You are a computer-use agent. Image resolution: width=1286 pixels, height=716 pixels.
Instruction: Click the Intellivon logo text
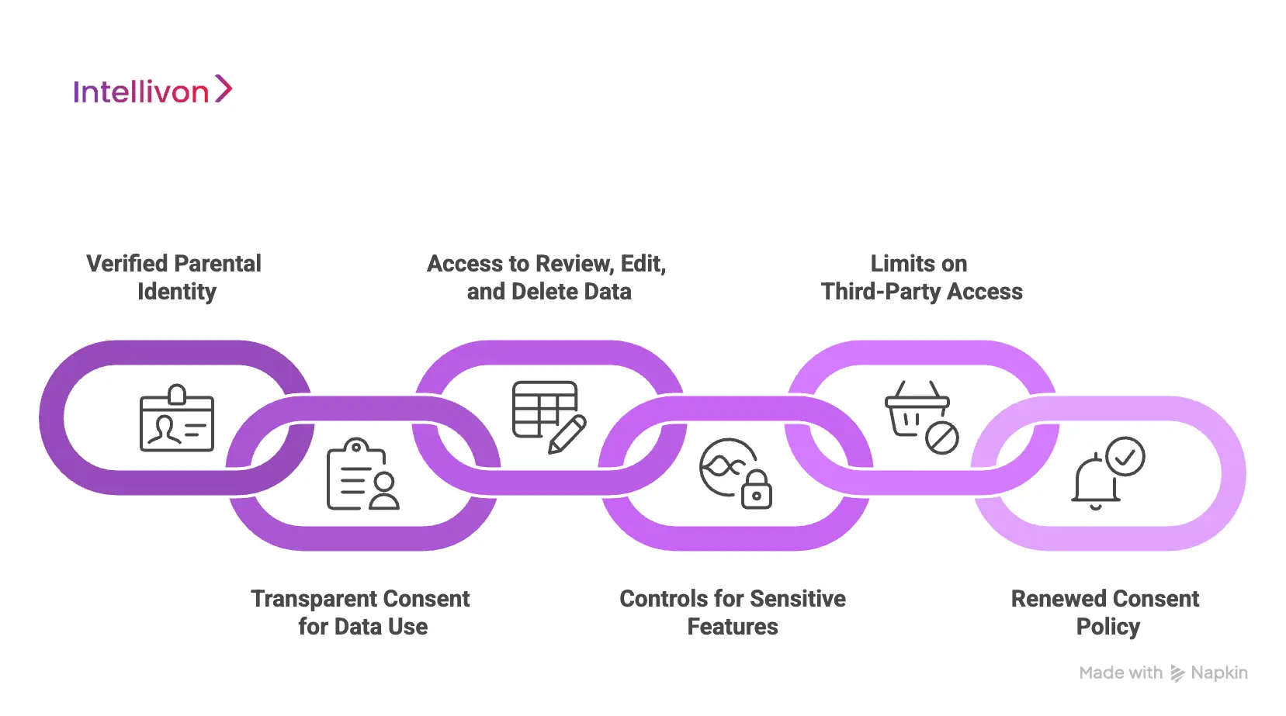coord(140,92)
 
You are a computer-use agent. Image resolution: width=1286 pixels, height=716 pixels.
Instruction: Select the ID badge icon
coord(177,418)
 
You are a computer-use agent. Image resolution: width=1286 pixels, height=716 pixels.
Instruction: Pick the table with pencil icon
coord(548,416)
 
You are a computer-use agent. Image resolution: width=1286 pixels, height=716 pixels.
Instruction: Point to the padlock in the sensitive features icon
coord(757,491)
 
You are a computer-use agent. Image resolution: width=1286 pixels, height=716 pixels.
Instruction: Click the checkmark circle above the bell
coord(1125,456)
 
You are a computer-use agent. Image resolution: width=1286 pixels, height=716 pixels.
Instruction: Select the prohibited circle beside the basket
coord(942,438)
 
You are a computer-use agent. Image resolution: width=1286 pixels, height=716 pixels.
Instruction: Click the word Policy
coord(1107,627)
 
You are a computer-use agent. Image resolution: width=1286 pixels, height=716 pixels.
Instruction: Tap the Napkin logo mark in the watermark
coord(1177,673)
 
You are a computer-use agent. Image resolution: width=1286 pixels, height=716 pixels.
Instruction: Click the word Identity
coord(177,292)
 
